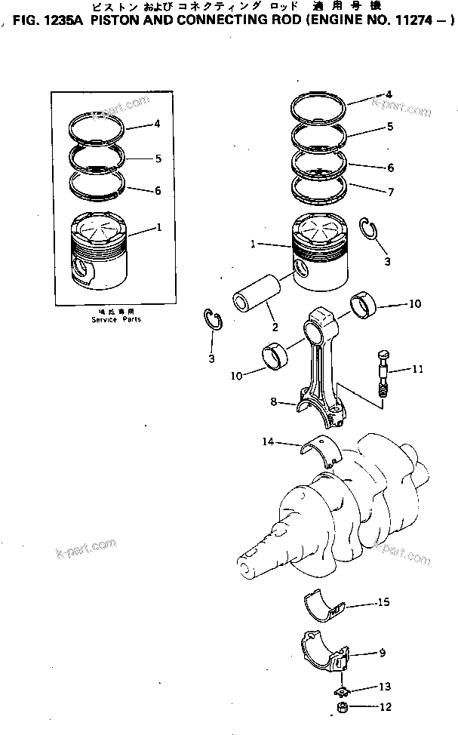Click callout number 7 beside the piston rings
pos(390,192)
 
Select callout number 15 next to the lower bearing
pos(384,602)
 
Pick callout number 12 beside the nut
pos(386,707)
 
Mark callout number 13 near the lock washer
pos(386,687)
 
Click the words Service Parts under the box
pos(110,319)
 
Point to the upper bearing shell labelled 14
pos(323,450)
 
